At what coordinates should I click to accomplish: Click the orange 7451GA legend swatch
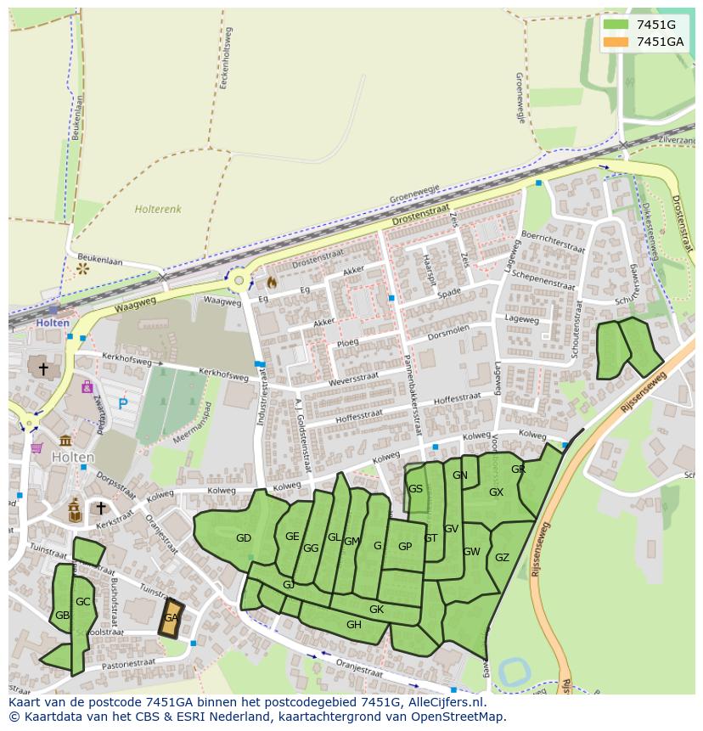click(x=616, y=42)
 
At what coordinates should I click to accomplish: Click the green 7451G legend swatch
click(x=616, y=25)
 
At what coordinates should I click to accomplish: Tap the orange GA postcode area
click(x=171, y=617)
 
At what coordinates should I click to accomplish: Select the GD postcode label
click(x=244, y=538)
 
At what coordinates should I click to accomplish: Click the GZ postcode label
click(x=502, y=558)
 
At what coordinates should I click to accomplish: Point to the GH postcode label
click(x=354, y=625)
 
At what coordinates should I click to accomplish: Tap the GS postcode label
click(x=415, y=489)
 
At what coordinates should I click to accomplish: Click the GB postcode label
click(x=62, y=616)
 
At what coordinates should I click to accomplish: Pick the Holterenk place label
click(x=157, y=208)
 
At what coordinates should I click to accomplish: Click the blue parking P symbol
click(x=123, y=404)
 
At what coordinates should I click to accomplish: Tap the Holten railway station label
click(x=52, y=323)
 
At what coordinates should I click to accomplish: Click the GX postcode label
click(x=496, y=492)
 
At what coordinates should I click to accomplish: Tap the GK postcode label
click(x=376, y=610)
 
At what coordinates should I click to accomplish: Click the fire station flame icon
click(x=272, y=281)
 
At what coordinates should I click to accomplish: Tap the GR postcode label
click(x=518, y=470)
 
